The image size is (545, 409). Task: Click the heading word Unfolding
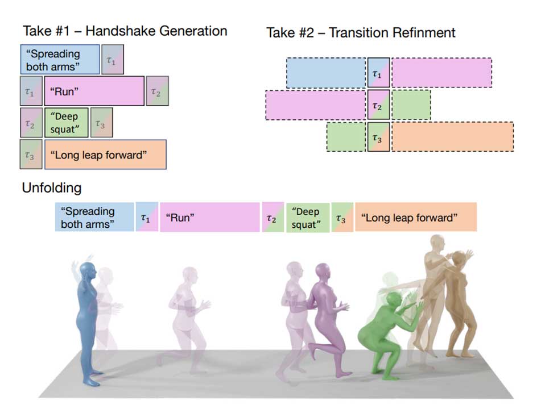[x=51, y=188]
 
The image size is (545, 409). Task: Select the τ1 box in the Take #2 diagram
[x=378, y=73]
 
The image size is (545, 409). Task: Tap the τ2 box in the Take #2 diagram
[x=378, y=105]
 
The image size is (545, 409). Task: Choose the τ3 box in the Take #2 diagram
[x=378, y=137]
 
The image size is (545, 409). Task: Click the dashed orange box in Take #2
[x=452, y=136]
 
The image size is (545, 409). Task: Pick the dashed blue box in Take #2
[x=326, y=73]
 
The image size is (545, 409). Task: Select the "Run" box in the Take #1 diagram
[x=94, y=91]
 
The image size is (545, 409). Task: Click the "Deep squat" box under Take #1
[x=66, y=123]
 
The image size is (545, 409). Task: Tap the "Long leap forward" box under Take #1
[x=105, y=155]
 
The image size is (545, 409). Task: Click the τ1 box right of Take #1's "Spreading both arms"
[x=113, y=60]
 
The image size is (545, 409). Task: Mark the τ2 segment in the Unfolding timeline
[x=273, y=217]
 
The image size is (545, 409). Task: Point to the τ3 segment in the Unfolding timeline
[x=342, y=217]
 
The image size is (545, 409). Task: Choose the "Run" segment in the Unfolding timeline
[x=209, y=217]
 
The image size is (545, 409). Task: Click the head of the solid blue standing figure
[x=87, y=272]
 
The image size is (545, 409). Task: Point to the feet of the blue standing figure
[x=93, y=378]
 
